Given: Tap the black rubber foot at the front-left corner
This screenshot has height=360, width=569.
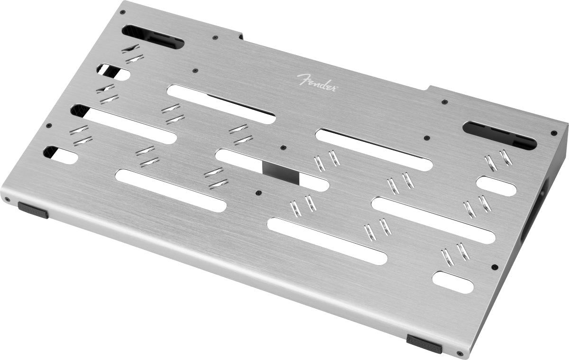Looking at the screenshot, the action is tap(33, 210).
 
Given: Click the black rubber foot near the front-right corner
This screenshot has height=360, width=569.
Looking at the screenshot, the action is tap(424, 343).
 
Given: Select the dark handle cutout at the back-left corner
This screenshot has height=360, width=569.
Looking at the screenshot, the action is tap(153, 37).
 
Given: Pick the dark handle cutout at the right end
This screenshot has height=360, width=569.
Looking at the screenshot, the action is tap(500, 135).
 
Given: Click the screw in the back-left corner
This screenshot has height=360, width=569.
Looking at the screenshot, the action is tap(123, 12).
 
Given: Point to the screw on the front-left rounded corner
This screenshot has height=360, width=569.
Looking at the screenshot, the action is tap(8, 199).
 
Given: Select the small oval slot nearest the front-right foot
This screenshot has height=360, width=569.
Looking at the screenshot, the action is tap(453, 282).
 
